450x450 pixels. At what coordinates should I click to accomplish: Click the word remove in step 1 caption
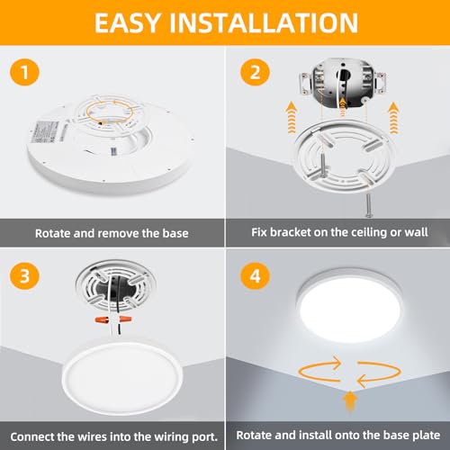(126, 232)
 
